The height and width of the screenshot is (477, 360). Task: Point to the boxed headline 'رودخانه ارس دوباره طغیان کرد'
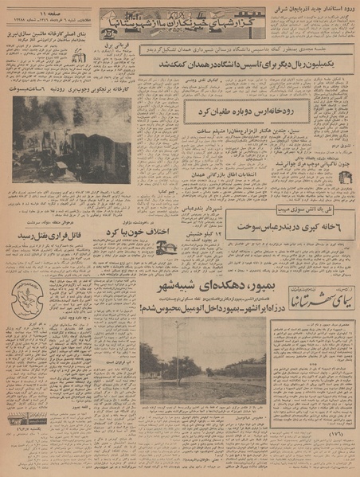[x=225, y=111]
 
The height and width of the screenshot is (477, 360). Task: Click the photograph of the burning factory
[x=72, y=140]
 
